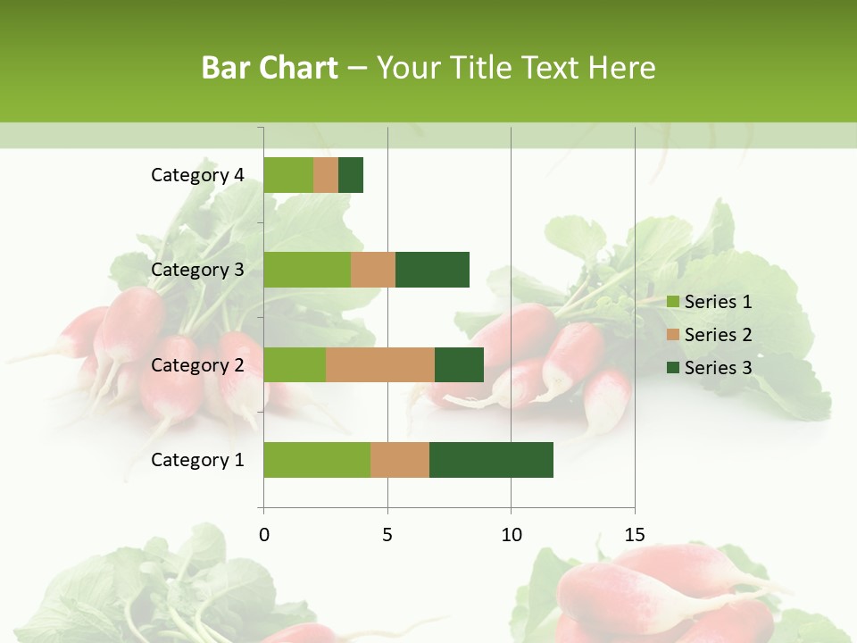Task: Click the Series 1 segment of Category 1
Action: [317, 460]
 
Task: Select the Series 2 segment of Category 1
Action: [400, 460]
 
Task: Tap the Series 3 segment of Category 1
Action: [491, 460]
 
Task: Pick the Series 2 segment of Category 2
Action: [380, 364]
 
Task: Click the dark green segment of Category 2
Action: [459, 364]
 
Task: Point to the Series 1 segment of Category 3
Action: [307, 270]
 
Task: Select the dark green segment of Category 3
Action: [432, 270]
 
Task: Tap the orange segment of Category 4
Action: [326, 175]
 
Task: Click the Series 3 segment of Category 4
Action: [351, 175]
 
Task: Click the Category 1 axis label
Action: [197, 460]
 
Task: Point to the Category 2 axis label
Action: [197, 364]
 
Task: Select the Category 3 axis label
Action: [197, 270]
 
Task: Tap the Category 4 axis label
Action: [197, 175]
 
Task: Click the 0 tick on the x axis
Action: [264, 535]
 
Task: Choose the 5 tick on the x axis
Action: [387, 535]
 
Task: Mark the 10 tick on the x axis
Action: [511, 535]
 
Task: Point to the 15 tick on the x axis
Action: [635, 535]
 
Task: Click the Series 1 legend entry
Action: [710, 302]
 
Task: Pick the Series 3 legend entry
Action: [710, 368]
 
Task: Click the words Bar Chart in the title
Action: [270, 67]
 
